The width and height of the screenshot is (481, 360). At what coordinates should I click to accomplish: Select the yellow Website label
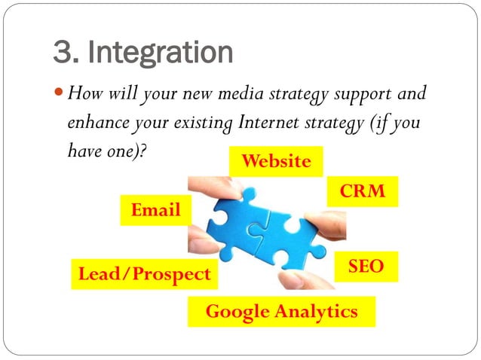pos(275,161)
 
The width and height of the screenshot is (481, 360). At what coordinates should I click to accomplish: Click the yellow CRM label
pos(363,191)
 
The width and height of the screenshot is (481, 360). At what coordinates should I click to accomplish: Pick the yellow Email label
pos(156,210)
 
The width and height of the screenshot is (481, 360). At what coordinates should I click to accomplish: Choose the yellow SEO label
pos(366,266)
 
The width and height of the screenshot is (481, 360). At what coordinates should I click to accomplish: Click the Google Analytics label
pos(281,312)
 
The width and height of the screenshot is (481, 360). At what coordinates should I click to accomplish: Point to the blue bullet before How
pos(60,95)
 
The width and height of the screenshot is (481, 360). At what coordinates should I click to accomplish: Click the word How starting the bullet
pos(83,95)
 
